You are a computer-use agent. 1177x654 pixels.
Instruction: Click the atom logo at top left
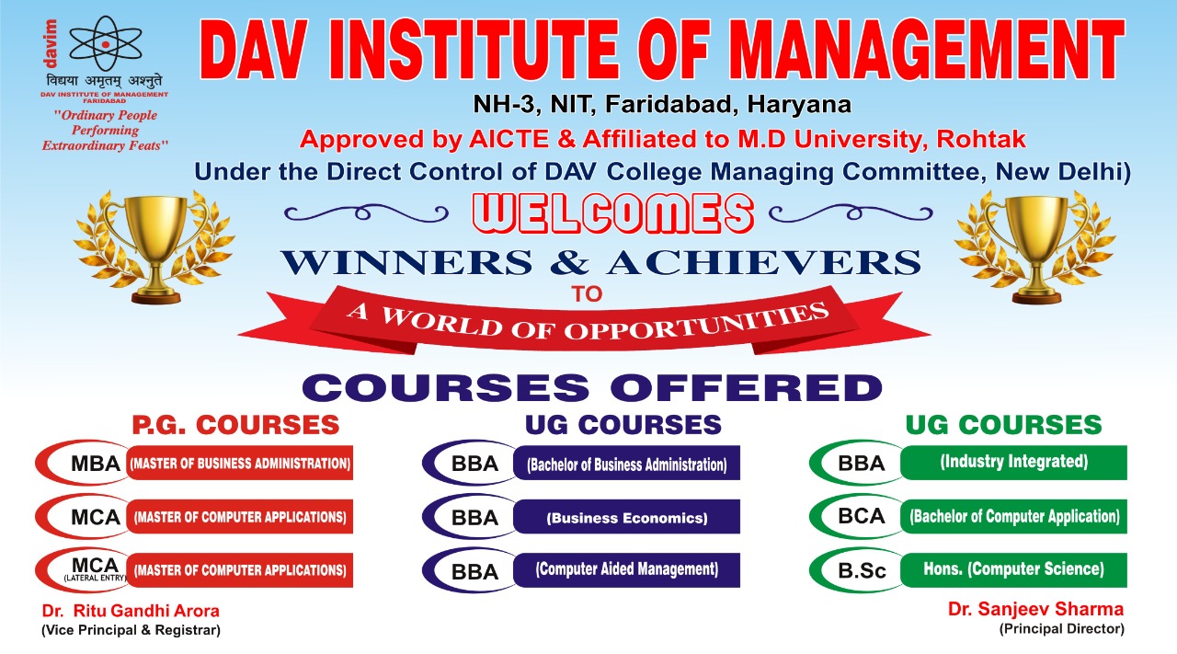[x=106, y=43]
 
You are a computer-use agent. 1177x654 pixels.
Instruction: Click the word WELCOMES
[x=613, y=213]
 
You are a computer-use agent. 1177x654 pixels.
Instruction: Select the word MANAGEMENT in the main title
[x=927, y=50]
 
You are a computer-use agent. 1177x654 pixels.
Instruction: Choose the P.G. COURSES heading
[x=235, y=425]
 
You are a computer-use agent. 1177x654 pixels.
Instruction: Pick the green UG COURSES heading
[x=1003, y=425]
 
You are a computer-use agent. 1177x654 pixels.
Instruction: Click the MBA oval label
[x=84, y=464]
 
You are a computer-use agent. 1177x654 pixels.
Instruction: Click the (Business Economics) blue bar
[x=626, y=517]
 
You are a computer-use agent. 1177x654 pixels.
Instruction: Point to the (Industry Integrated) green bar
[x=1013, y=463]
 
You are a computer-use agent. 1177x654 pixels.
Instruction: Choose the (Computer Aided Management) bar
[x=626, y=570]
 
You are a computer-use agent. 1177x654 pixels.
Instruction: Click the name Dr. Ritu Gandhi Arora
[x=131, y=611]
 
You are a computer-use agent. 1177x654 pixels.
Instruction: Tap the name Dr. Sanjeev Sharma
[x=1035, y=609]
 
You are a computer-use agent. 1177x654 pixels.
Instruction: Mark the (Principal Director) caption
[x=1061, y=629]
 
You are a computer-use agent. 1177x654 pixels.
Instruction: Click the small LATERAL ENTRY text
[x=95, y=579]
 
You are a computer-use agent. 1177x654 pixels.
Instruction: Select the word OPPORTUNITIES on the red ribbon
[x=696, y=322]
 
